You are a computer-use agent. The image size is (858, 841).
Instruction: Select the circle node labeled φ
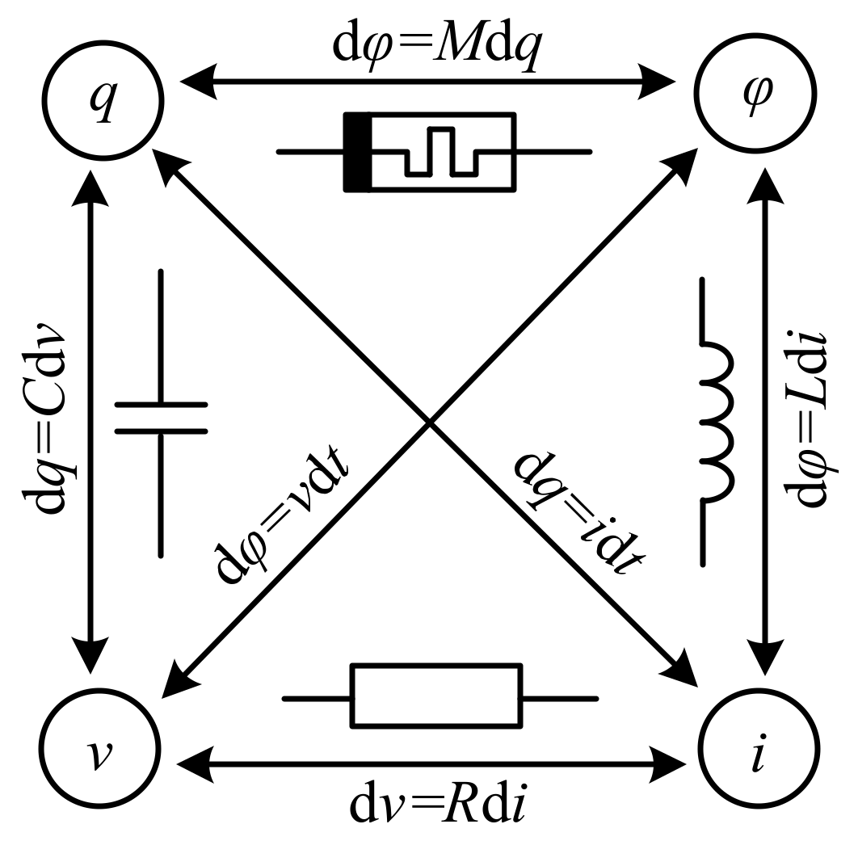(x=757, y=94)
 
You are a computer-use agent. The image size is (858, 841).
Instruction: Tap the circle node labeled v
(x=97, y=742)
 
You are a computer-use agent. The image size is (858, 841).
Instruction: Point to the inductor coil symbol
(x=716, y=420)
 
